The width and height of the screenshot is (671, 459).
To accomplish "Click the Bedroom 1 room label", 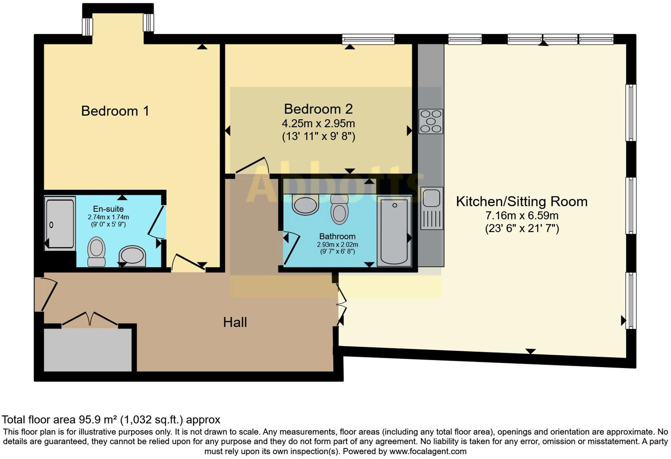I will [115, 111].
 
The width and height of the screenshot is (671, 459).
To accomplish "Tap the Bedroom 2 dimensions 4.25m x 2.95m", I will [318, 123].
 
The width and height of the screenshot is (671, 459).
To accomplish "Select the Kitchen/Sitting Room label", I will [521, 202].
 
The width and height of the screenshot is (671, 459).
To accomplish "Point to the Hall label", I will [235, 322].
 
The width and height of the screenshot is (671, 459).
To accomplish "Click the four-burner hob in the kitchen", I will [431, 121].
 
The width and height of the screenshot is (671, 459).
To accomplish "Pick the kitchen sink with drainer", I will [431, 208].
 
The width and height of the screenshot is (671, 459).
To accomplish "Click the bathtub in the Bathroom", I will [394, 232].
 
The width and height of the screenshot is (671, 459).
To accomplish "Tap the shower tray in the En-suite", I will [60, 224].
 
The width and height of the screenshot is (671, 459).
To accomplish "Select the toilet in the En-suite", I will [96, 252].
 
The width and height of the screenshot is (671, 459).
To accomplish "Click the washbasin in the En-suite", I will [132, 256].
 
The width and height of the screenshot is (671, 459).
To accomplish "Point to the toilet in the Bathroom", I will [339, 210].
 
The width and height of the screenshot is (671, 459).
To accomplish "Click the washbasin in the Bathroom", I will [305, 205].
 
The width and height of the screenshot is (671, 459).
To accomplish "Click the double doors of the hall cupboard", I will [90, 319].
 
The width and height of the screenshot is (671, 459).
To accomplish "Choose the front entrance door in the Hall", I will [46, 294].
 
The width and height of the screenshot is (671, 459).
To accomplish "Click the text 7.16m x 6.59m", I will [522, 216].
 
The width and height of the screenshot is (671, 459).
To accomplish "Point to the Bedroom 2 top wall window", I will [368, 39].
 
